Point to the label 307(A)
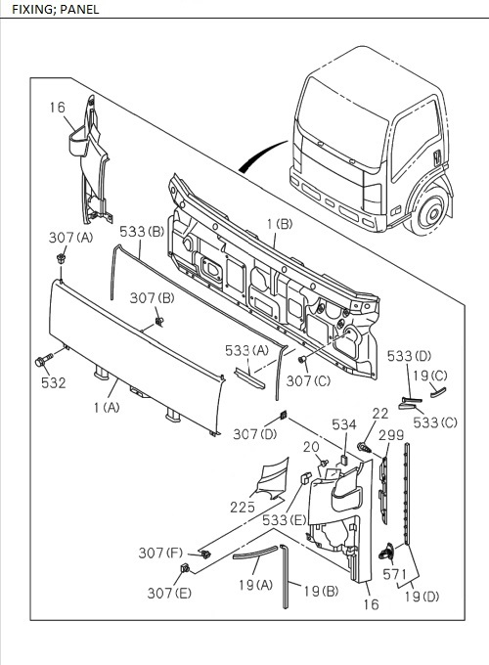tap(71, 238)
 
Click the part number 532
tap(54, 382)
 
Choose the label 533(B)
tap(141, 232)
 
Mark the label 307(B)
tap(153, 297)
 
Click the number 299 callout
tap(391, 435)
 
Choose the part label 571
tap(394, 575)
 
